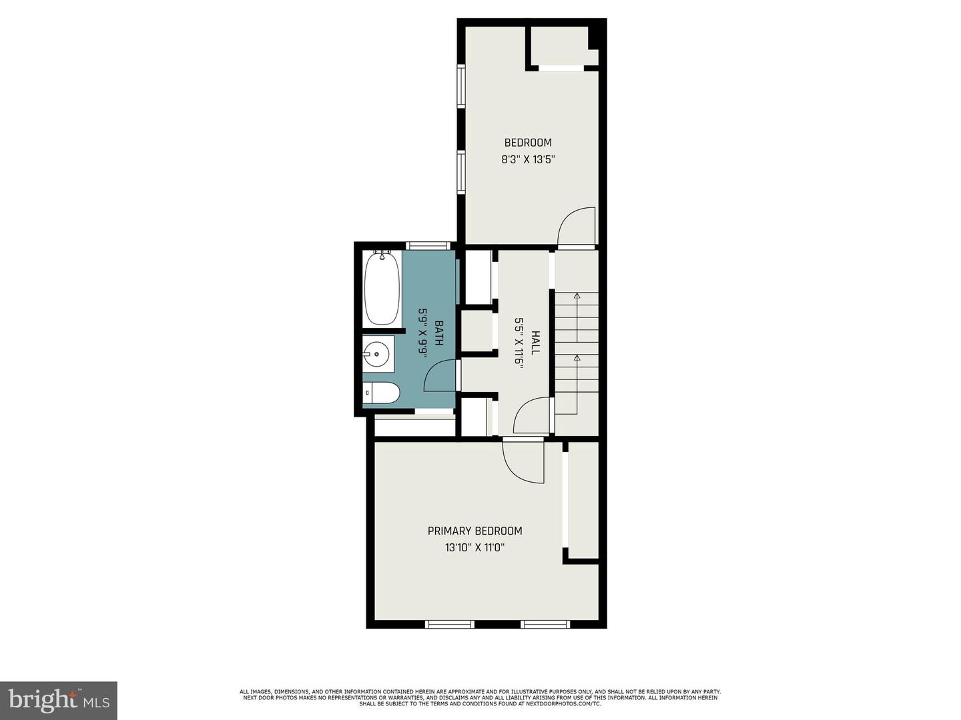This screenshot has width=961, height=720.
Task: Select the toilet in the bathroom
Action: point(381,394)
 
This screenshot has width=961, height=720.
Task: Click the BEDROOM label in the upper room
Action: point(528,143)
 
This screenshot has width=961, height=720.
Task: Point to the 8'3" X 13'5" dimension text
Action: point(528,160)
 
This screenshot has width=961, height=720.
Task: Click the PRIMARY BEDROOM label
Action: point(474,531)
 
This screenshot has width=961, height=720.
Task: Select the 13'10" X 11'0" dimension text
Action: point(474,548)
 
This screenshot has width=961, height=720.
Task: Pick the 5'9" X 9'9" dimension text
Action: point(422,333)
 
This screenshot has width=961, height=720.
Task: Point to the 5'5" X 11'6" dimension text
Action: point(518,343)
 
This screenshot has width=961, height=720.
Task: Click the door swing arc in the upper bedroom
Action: point(574,227)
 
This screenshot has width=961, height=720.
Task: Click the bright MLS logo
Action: point(59,700)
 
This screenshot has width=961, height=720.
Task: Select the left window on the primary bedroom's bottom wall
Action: point(450,624)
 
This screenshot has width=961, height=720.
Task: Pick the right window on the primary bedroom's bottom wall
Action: point(545,624)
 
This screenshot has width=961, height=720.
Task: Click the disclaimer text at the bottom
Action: point(480,697)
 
